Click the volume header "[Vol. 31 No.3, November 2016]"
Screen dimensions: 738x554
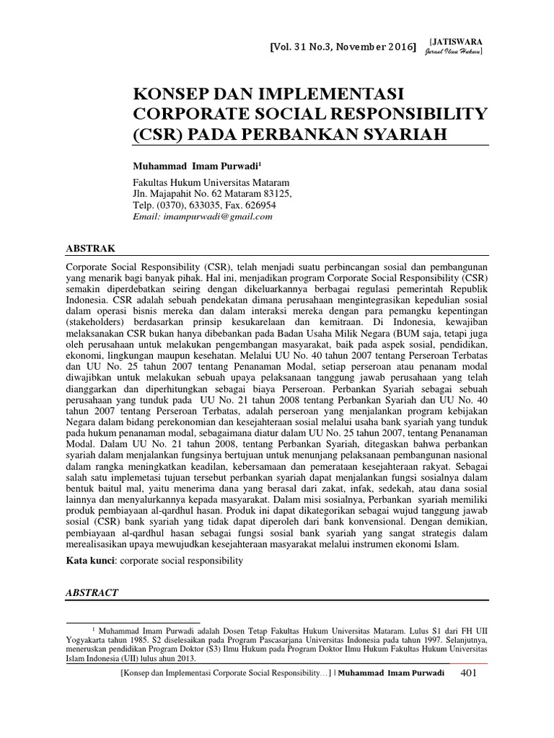343,48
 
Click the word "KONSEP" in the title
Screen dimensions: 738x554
171,94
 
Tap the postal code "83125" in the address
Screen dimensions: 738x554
276,195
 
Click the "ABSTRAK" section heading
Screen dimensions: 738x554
91,248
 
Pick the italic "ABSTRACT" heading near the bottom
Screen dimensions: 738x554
92,592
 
